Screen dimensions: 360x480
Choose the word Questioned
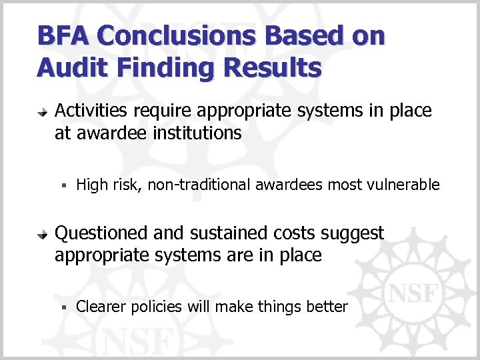[x=102, y=233]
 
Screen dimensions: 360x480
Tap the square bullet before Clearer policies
[x=63, y=307]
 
